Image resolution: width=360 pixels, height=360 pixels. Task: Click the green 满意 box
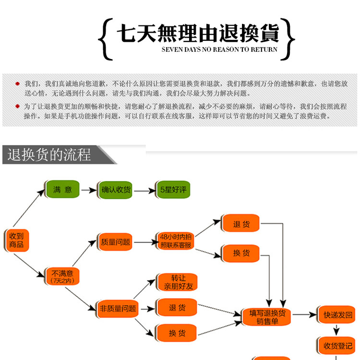click(62, 190)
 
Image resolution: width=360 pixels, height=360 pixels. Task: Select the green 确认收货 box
click(116, 190)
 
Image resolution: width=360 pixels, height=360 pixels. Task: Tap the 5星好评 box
click(172, 190)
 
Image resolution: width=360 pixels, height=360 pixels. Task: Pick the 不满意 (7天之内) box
click(62, 276)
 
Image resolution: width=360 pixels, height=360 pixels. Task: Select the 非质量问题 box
click(117, 308)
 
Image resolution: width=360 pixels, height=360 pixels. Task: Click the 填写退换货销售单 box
click(267, 317)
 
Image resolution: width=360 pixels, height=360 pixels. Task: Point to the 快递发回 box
click(337, 315)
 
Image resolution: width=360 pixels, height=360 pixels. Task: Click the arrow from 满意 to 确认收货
click(88, 190)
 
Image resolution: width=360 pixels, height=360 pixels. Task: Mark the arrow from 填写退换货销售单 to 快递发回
click(304, 315)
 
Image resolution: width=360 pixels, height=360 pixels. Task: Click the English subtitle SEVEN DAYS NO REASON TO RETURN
click(219, 49)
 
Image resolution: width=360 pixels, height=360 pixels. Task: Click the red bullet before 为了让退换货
click(18, 106)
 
